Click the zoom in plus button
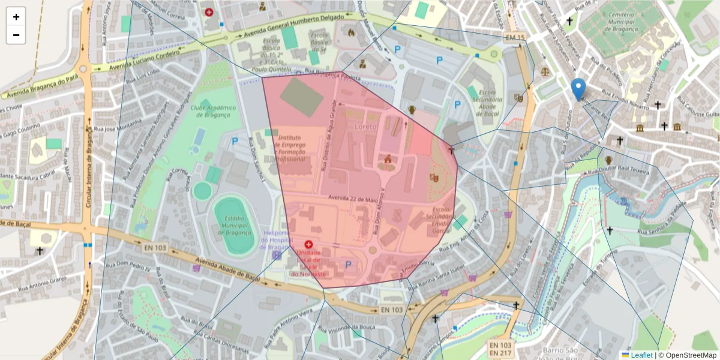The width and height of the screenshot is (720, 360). coord(16,17)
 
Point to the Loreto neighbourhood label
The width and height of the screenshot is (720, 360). coord(366,127)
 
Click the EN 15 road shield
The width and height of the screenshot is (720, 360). coord(515,38)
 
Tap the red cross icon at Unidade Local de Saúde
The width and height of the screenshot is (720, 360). coord(308,245)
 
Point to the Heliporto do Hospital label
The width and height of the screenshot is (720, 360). coord(277,240)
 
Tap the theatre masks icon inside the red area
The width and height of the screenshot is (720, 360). coord(434,178)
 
